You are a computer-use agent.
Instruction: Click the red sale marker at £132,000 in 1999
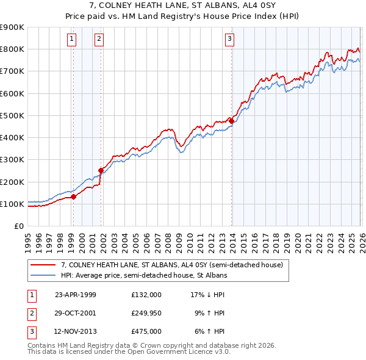(x=74, y=196)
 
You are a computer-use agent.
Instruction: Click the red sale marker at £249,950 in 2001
(x=101, y=170)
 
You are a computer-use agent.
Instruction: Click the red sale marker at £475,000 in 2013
(x=231, y=121)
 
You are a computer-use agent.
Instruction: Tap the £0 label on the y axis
(x=18, y=226)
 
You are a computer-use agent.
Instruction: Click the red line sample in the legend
(x=43, y=265)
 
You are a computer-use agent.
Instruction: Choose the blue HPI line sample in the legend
(x=43, y=276)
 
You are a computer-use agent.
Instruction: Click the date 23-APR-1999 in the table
(x=76, y=294)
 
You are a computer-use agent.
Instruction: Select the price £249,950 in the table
(x=146, y=313)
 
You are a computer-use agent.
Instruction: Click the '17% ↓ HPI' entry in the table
(x=207, y=294)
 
